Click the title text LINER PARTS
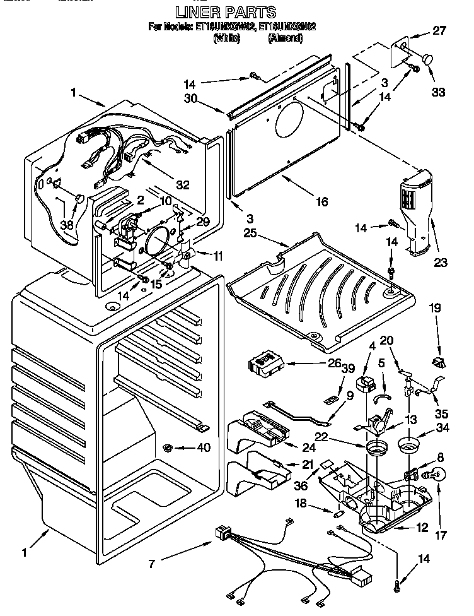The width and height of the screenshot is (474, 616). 225,12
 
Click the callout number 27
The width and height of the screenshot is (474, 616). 439,30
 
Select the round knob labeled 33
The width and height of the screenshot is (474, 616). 428,59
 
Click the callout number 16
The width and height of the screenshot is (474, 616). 321,202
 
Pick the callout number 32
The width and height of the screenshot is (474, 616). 182,185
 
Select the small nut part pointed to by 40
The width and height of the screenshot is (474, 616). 168,448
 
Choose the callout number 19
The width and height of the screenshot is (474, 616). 434,309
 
